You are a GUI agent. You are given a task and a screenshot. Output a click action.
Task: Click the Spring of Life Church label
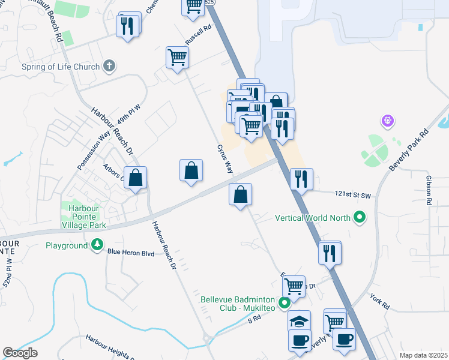click(60, 67)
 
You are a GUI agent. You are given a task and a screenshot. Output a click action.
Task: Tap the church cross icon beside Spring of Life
click(109, 65)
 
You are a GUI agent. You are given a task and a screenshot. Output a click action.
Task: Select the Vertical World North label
click(313, 217)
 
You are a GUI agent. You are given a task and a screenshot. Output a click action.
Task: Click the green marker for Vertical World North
click(360, 217)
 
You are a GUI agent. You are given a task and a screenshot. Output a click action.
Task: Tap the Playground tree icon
click(96, 245)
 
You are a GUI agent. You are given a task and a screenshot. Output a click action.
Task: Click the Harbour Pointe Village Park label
click(84, 217)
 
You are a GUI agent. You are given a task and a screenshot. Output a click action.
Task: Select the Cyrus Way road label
click(224, 158)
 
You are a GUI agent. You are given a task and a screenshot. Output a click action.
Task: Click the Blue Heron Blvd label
click(131, 253)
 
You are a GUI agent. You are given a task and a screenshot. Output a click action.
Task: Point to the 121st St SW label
click(354, 194)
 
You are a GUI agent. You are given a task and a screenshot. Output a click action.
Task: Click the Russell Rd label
click(199, 37)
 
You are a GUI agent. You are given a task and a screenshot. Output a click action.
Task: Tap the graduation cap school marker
click(299, 321)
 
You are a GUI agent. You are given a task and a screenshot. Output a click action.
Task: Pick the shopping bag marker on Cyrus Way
click(240, 194)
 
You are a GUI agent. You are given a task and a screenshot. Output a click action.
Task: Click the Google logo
click(20, 353)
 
